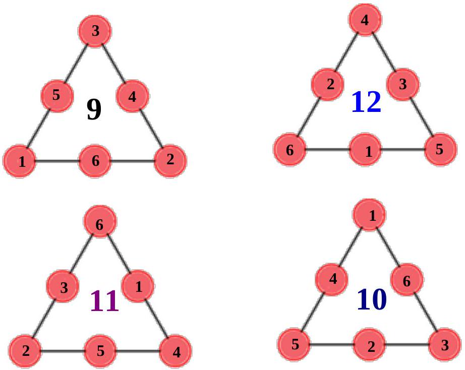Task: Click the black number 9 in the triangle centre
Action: coord(94,110)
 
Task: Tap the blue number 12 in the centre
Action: coord(366,102)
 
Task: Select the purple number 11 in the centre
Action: coord(104,301)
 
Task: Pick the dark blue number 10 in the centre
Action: coord(372,300)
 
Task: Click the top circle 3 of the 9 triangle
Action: coord(95,31)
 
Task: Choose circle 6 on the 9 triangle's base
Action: coord(95,161)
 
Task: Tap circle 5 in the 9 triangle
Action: coord(57,94)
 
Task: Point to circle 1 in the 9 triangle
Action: coord(21,161)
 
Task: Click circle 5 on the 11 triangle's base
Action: coord(100,350)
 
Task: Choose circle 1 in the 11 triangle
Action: coord(138,286)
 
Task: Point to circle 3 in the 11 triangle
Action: coord(63,288)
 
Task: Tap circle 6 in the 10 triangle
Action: coord(406,281)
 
